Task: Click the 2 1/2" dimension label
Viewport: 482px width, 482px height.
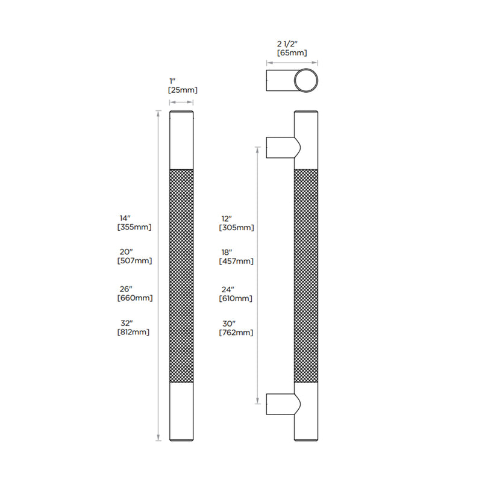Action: [287, 44]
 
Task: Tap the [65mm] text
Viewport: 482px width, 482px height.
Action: [292, 53]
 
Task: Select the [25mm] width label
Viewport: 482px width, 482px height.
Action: [183, 90]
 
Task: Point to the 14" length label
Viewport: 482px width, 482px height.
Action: [125, 218]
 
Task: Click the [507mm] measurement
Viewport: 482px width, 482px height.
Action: [134, 261]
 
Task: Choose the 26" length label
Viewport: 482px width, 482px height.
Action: [126, 289]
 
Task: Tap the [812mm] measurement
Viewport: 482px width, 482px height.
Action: [133, 332]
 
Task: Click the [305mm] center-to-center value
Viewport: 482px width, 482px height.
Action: [236, 228]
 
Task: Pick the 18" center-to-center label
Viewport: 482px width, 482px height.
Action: [227, 252]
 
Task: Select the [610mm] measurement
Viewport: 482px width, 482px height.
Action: [236, 298]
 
